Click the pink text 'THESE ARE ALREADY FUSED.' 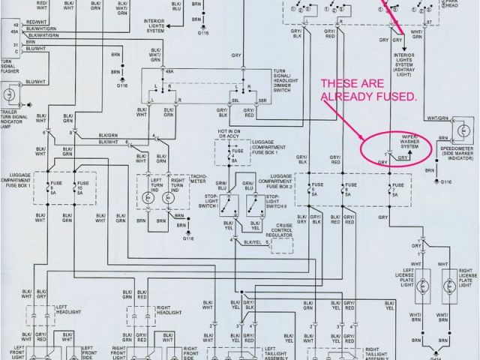tap(369, 90)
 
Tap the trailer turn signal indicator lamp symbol tap(10, 95)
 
